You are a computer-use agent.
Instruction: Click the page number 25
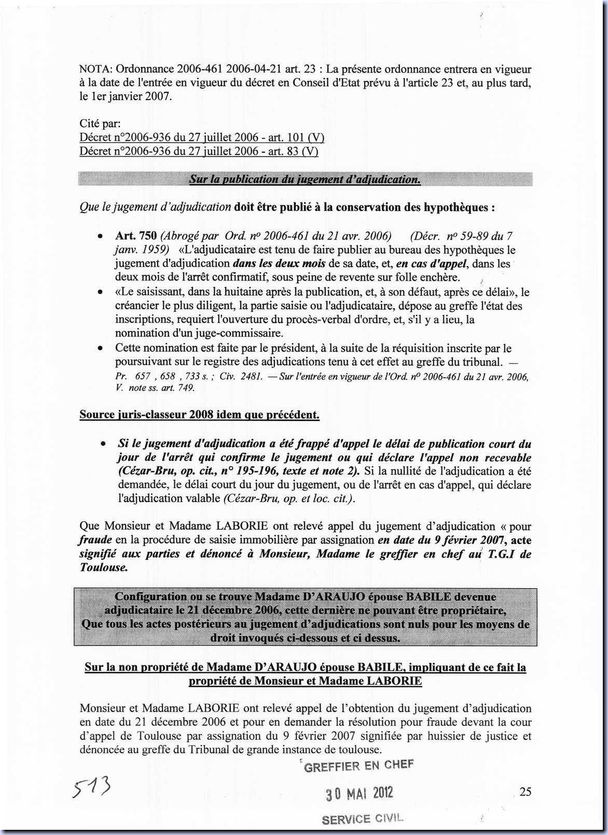tap(525, 791)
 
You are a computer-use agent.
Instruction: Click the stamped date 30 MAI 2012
tap(359, 793)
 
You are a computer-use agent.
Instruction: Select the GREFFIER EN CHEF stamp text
tap(358, 766)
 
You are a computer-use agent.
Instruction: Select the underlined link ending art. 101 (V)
tap(202, 137)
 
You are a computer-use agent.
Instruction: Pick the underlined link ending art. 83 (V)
tap(199, 151)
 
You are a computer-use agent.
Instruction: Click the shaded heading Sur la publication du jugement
tap(305, 179)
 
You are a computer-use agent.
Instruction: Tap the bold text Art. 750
tap(136, 236)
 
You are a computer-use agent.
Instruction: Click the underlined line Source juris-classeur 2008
tap(199, 415)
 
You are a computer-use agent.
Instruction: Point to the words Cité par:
tap(100, 124)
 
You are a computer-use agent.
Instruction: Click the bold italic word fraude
tap(95, 540)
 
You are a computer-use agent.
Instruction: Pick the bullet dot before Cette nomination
tap(100, 348)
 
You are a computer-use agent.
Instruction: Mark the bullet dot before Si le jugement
tap(103, 444)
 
